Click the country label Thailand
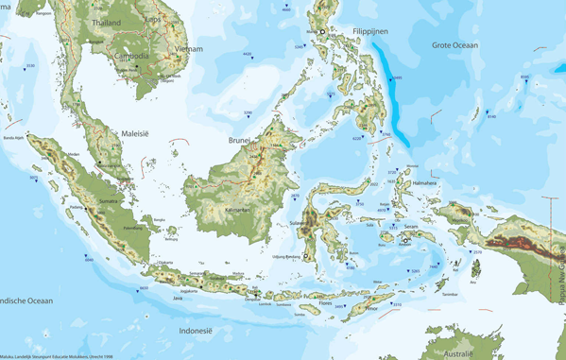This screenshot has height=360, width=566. click(107, 22)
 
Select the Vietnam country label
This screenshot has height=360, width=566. click(189, 47)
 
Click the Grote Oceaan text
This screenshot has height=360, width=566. click(455, 44)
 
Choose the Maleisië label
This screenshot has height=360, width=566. click(136, 134)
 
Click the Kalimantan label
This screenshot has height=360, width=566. click(236, 209)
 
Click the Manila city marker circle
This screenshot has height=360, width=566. click(322, 32)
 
